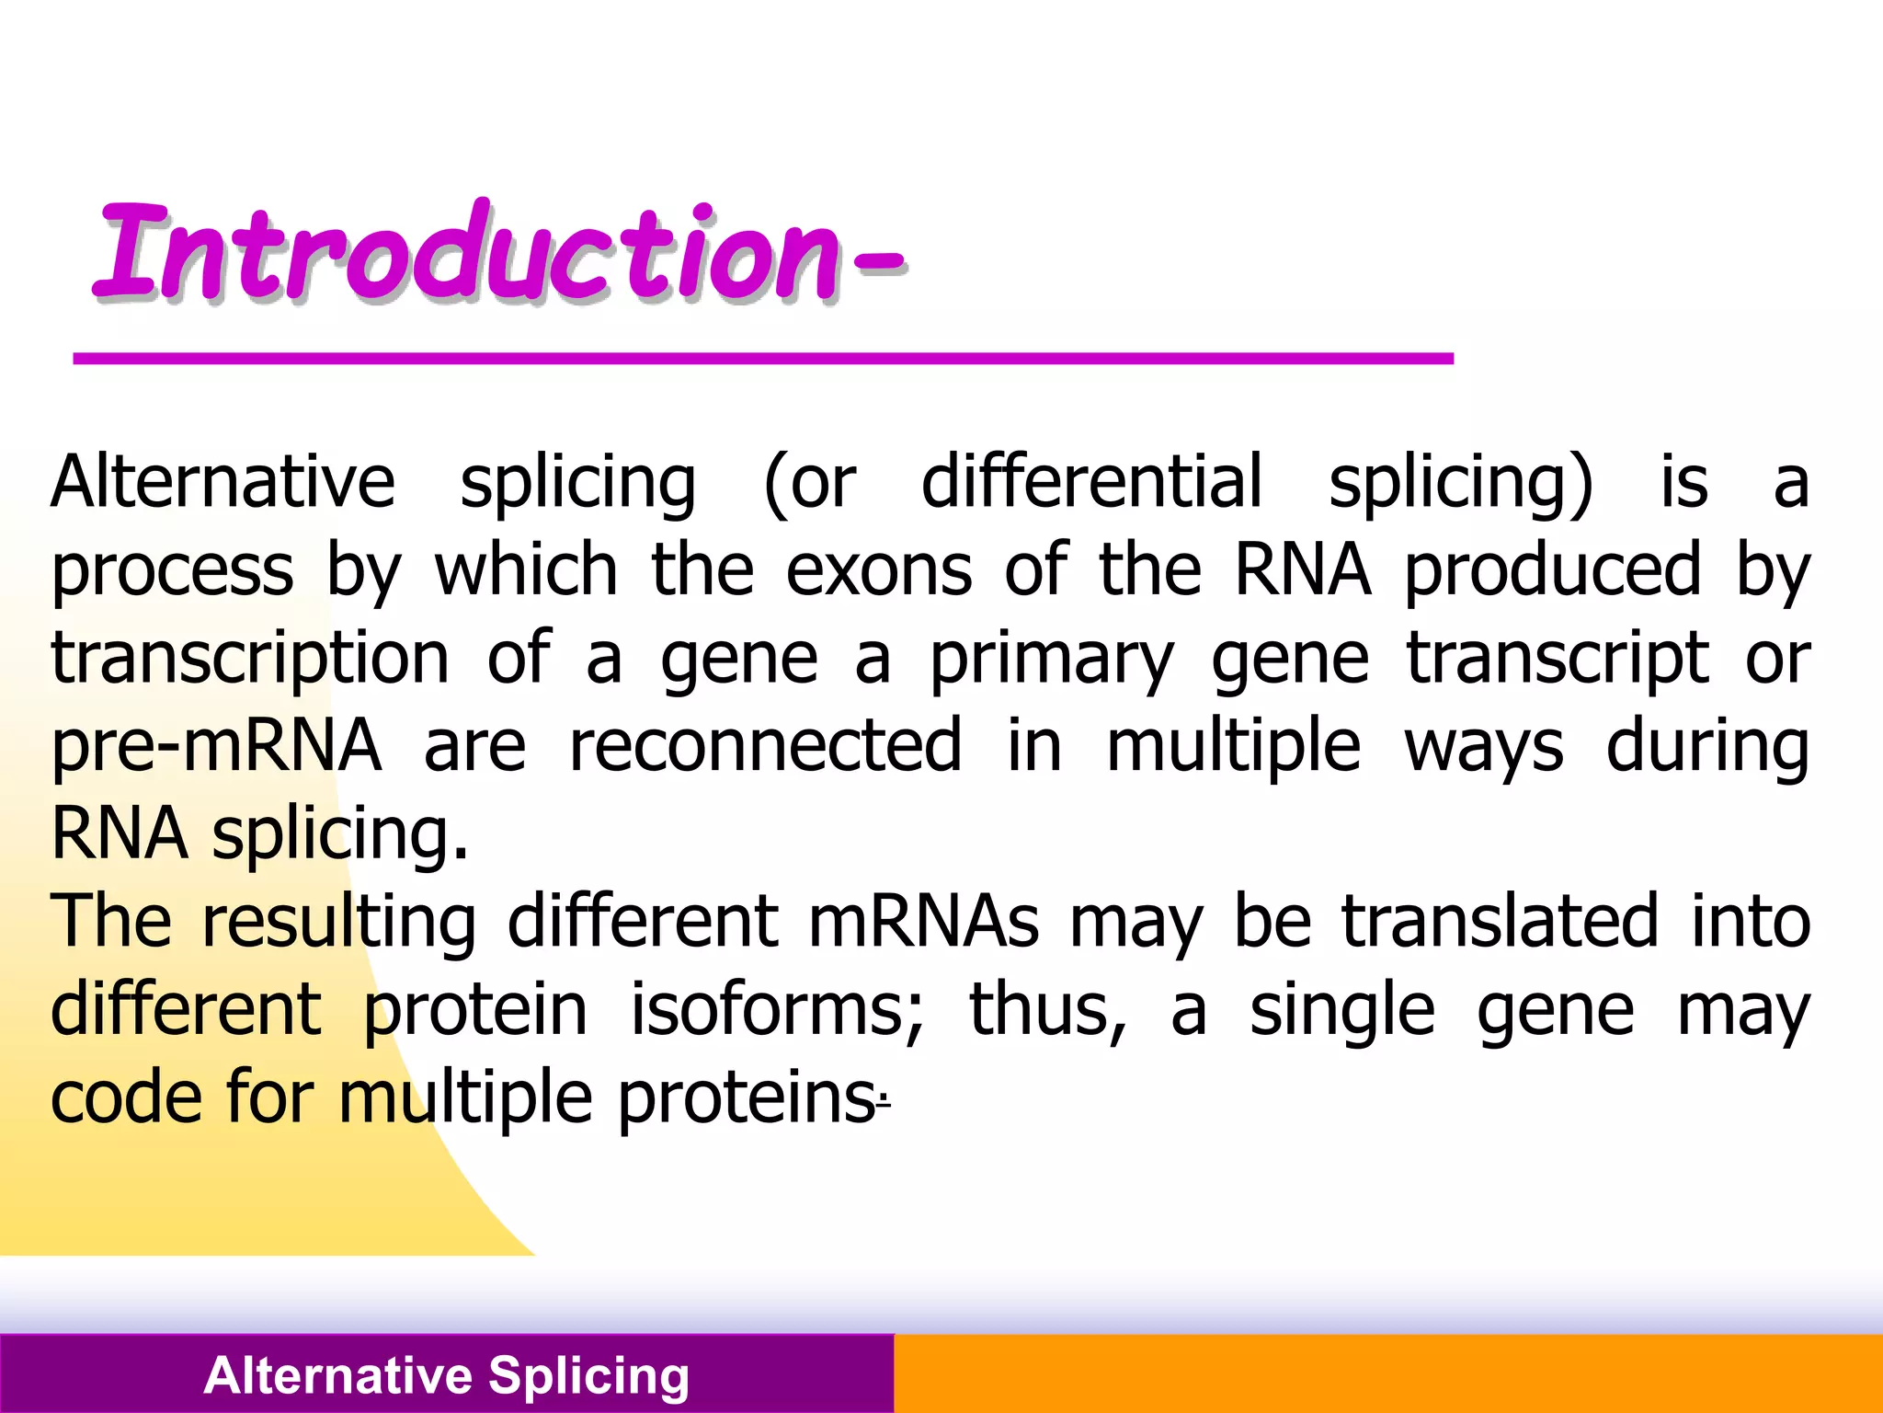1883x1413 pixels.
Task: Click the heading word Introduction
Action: tap(469, 253)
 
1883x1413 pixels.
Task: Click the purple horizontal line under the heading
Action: tap(763, 359)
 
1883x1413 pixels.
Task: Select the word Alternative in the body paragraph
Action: tap(223, 482)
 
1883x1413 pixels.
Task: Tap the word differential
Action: tap(1091, 482)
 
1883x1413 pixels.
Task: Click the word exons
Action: tap(878, 570)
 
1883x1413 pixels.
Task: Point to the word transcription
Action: tap(250, 660)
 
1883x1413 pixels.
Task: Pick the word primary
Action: tap(1051, 660)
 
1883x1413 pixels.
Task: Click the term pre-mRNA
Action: tap(216, 746)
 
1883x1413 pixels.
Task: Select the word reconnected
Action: tap(765, 746)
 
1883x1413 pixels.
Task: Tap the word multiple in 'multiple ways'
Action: tap(1232, 746)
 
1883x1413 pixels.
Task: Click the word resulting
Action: tap(338, 922)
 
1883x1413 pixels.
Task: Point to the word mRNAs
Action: tap(923, 922)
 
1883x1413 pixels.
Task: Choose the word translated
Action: tap(1500, 922)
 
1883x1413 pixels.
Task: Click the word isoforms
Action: tap(777, 1010)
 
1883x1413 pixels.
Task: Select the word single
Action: tap(1341, 1010)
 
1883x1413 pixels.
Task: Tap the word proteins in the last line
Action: tap(745, 1098)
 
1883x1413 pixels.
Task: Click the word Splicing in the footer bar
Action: tap(588, 1376)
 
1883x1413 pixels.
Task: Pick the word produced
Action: tap(1552, 570)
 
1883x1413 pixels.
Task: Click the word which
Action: tap(526, 570)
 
